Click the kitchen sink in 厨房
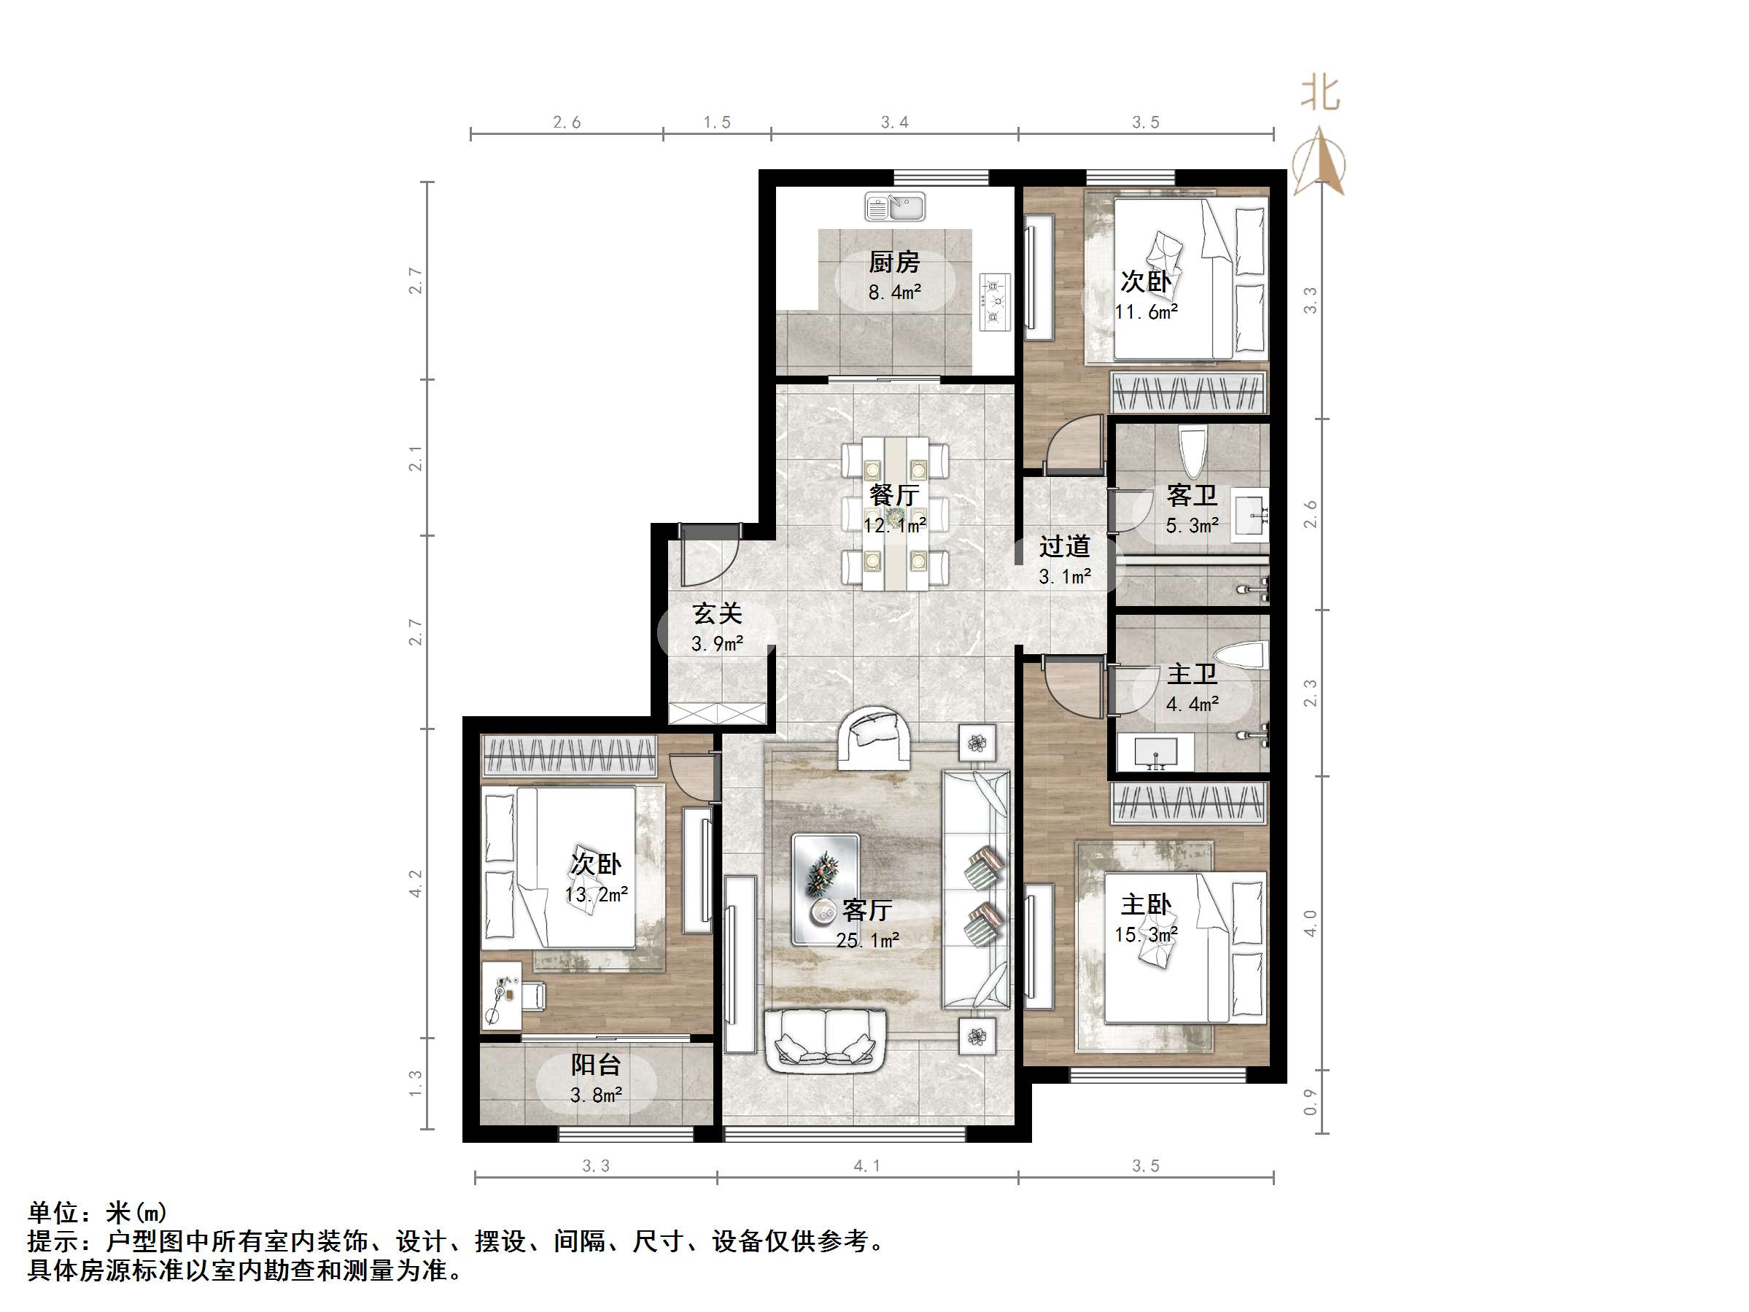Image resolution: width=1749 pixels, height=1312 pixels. pos(895,207)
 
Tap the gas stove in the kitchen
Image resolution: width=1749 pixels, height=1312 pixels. pos(995,301)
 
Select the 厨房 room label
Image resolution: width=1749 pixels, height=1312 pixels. pos(894,262)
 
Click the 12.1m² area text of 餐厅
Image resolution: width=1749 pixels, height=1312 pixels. pos(894,525)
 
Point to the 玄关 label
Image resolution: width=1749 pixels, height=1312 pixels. pos(717,613)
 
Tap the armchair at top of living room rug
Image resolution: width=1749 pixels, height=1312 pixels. pos(873,738)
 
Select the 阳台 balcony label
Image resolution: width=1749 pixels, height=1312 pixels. pos(595,1065)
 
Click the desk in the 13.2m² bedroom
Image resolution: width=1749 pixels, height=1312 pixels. pos(501,995)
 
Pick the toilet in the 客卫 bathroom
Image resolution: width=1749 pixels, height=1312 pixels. pos(1192,449)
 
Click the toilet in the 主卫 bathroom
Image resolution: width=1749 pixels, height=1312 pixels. pos(1241,656)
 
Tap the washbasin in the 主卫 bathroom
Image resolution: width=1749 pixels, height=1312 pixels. pos(1155,752)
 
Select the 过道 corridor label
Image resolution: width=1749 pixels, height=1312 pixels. pos(1064,546)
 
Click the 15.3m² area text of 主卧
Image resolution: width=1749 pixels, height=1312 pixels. pos(1146,935)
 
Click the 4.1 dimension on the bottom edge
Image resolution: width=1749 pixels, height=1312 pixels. pos(866,1165)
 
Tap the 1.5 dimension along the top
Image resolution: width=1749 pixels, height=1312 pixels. pos(716,123)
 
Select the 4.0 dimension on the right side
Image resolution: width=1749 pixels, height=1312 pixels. pos(1310,923)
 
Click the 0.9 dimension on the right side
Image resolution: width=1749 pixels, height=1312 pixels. pos(1310,1102)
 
